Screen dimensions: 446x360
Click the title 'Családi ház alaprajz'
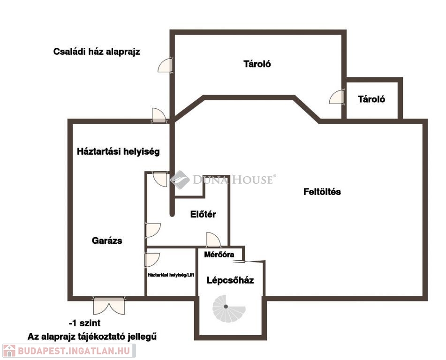point(97,52)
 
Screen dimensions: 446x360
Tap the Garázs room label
point(107,241)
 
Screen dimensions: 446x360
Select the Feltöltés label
point(322,192)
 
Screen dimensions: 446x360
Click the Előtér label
point(203,214)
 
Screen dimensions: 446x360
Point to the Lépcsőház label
point(230,280)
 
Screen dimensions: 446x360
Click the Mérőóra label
point(219,255)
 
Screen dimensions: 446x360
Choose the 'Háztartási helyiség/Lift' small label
point(171,275)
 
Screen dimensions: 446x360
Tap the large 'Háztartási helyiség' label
point(118,151)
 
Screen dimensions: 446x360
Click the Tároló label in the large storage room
point(257,64)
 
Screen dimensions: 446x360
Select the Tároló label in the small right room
point(371,99)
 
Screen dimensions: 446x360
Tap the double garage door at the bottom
point(109,306)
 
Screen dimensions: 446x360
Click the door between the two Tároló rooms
point(337,97)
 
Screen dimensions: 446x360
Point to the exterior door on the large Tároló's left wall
point(166,66)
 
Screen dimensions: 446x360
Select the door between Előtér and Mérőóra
point(213,240)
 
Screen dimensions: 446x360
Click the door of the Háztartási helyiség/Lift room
point(152,260)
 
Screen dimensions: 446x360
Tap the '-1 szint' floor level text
point(85,323)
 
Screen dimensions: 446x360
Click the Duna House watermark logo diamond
point(180,180)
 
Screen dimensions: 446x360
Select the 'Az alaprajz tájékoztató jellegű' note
point(92,337)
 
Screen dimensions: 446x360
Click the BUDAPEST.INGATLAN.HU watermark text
point(74,351)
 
